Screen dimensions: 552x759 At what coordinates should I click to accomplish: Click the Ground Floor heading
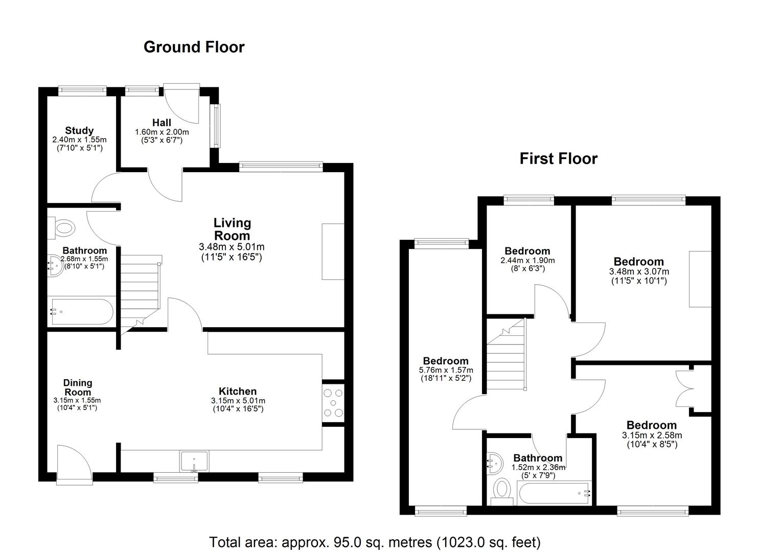click(194, 47)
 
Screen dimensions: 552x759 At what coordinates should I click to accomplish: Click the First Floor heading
click(558, 158)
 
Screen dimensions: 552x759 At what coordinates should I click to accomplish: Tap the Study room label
click(79, 130)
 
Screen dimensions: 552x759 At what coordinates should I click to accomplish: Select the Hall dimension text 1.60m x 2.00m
click(162, 132)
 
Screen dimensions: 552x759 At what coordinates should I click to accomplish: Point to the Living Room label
click(232, 229)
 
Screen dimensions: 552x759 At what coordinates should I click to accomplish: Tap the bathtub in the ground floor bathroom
click(81, 312)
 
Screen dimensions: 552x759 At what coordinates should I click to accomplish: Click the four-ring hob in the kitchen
click(333, 403)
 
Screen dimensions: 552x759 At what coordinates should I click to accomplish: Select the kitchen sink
click(194, 461)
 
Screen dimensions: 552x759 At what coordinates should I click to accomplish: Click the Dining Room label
click(78, 387)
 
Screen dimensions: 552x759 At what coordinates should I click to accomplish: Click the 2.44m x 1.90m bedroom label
click(527, 251)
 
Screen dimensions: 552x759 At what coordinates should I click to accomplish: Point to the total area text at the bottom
click(375, 542)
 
